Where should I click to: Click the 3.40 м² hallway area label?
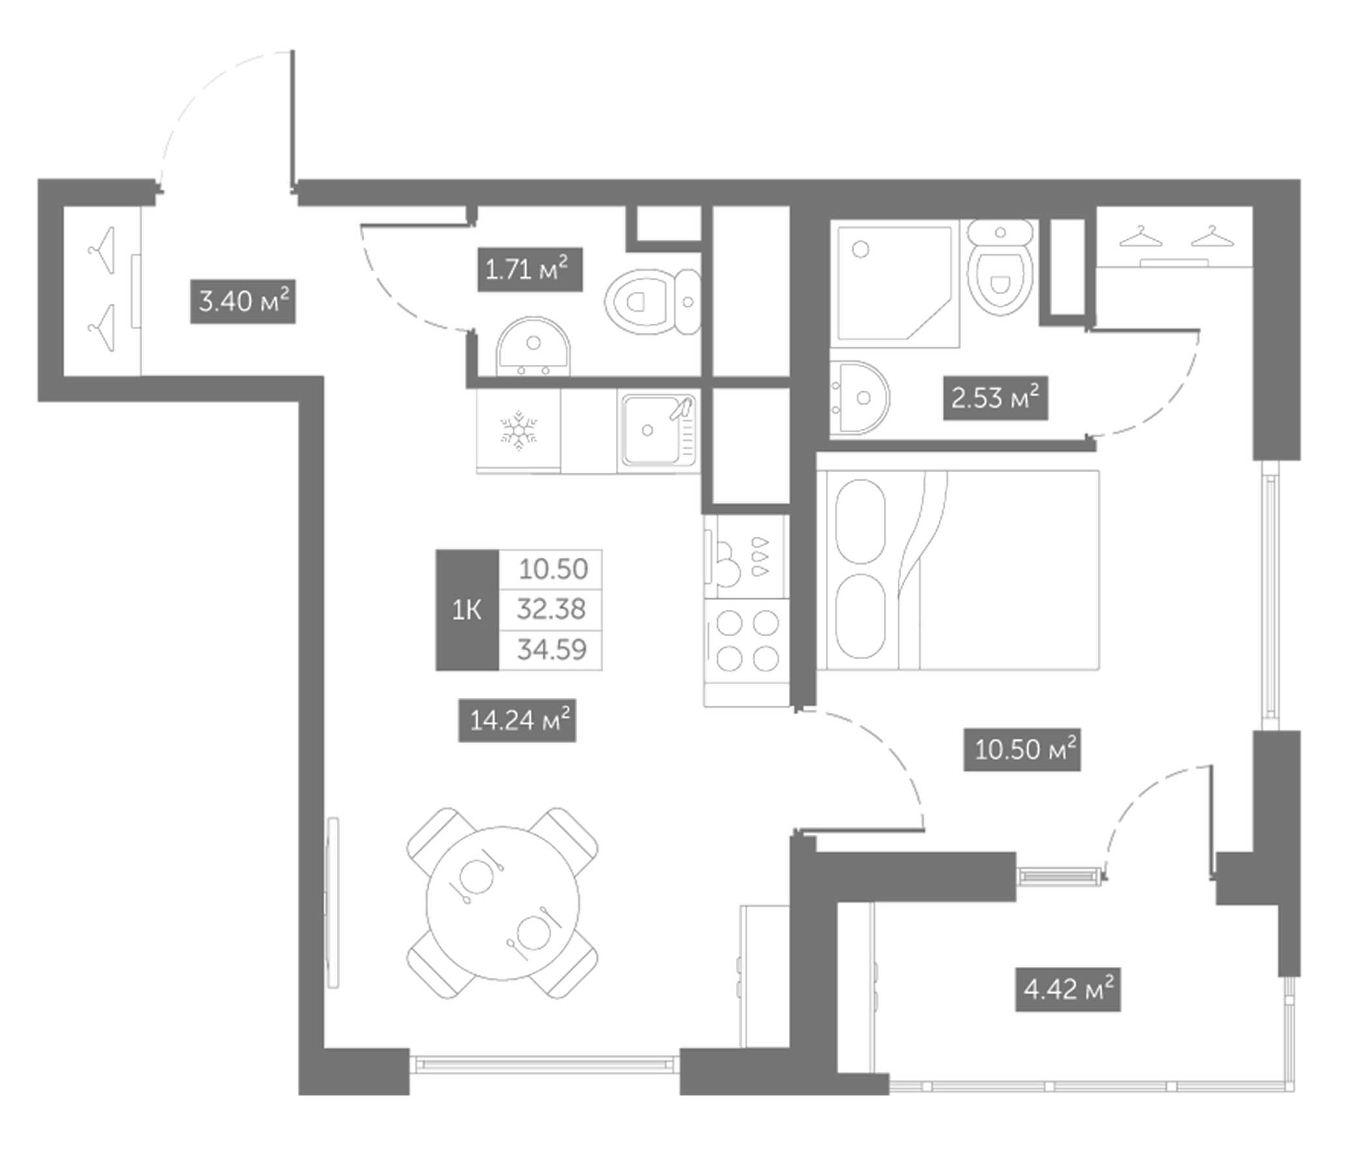click(242, 302)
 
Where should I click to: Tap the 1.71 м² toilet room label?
click(530, 270)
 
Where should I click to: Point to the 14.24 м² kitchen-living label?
click(517, 720)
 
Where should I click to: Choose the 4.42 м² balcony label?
click(1068, 990)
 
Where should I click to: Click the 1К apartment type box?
click(466, 610)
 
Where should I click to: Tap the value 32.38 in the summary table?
click(551, 609)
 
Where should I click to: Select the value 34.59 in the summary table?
click(551, 650)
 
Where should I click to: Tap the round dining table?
click(502, 903)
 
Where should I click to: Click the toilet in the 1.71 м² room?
click(651, 302)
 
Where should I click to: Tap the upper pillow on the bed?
click(861, 522)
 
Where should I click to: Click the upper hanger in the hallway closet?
click(102, 250)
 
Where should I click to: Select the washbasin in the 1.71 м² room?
click(533, 348)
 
